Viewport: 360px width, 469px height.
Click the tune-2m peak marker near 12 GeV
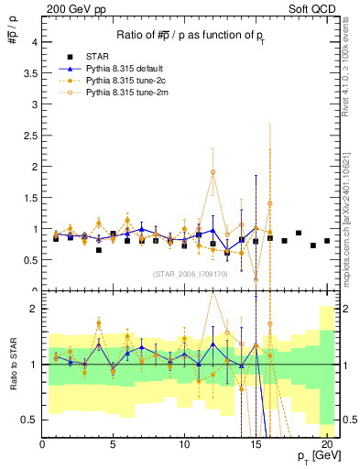click(213, 171)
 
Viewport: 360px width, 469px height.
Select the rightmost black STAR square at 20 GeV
click(327, 241)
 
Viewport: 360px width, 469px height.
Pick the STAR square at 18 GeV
click(299, 233)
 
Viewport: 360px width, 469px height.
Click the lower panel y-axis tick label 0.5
click(30, 420)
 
